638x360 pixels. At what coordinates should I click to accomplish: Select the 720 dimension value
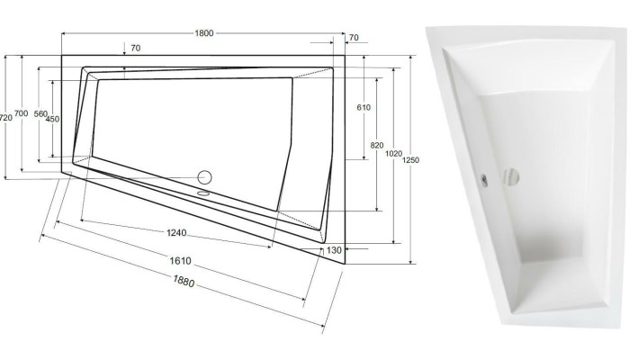[x=6, y=118]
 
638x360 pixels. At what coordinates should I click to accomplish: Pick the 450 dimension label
[x=53, y=119]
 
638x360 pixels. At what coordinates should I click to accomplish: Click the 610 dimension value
[x=364, y=108]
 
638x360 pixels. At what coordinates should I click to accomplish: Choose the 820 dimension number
[x=377, y=145]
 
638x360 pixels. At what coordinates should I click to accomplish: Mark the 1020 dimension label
[x=394, y=153]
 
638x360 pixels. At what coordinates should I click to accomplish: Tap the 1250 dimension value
[x=411, y=160]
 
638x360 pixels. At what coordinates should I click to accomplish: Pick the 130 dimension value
[x=335, y=249]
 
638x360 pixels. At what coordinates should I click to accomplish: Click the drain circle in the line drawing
[x=204, y=177]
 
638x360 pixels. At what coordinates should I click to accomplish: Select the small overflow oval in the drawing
[x=202, y=192]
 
